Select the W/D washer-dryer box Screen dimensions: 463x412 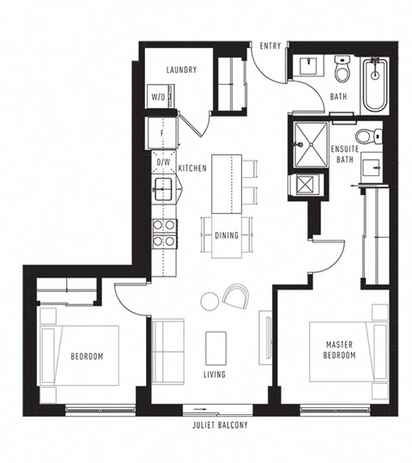[159, 97]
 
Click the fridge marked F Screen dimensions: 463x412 [161, 133]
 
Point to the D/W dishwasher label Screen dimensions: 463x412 [163, 161]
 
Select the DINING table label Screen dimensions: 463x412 [227, 234]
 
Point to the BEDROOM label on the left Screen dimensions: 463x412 [88, 356]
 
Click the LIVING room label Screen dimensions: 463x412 [215, 375]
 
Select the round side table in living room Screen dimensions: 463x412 [209, 301]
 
